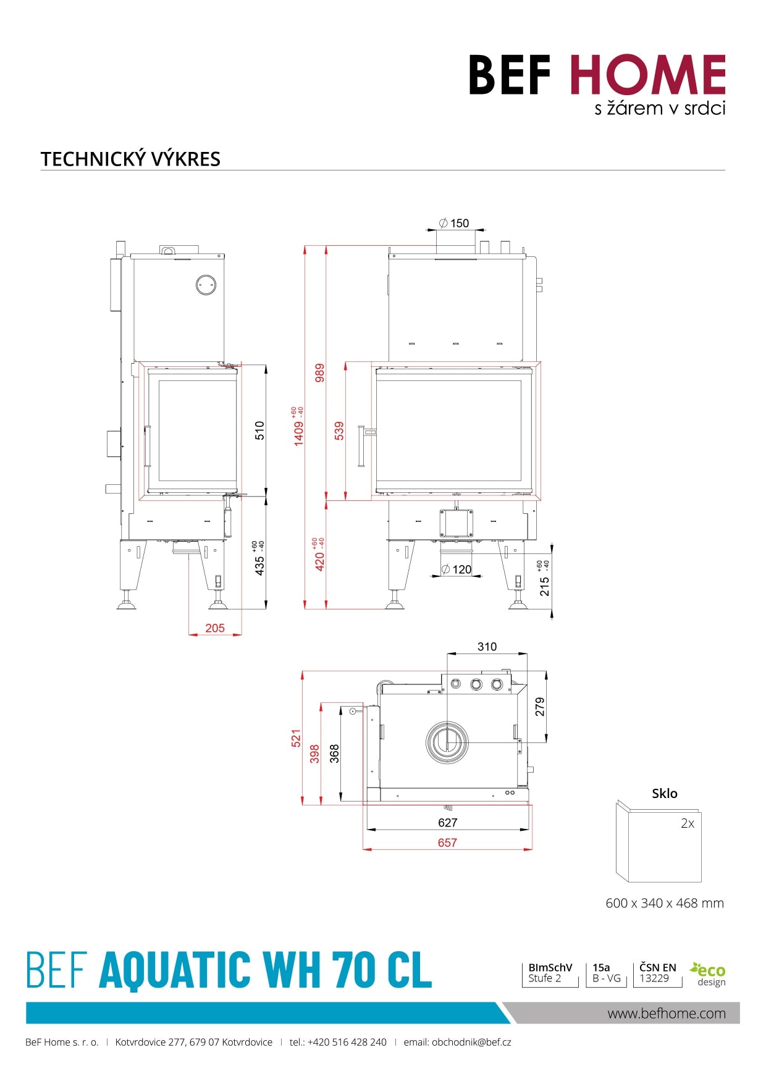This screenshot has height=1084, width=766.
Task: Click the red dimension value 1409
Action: tap(299, 432)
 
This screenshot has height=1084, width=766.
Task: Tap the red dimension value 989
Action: tap(319, 373)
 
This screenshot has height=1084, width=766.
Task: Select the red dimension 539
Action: tap(339, 431)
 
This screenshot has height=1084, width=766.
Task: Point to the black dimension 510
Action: tap(259, 430)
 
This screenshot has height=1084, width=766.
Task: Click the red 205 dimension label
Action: tap(215, 628)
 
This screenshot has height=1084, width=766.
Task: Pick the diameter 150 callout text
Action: tap(454, 223)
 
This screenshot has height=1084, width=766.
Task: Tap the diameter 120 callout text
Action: tap(457, 569)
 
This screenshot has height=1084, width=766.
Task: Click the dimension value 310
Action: tap(487, 647)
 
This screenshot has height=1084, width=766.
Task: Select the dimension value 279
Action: tap(540, 707)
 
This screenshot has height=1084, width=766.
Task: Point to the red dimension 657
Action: tap(447, 842)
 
